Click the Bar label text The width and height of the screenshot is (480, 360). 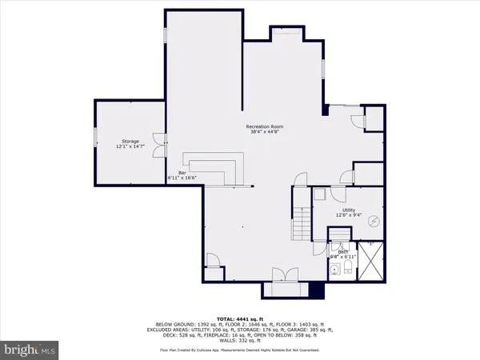click(x=171, y=171)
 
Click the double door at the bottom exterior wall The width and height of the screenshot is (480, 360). click(x=284, y=277)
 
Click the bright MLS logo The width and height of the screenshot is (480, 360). click(x=30, y=350)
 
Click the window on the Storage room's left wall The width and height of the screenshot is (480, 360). click(x=94, y=138)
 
